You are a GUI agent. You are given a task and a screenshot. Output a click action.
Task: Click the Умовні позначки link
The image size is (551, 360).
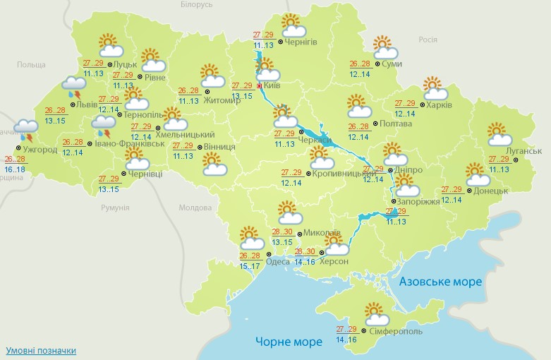pyautogui.click(x=41, y=351)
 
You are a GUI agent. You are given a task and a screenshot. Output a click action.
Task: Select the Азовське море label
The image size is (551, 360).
pyautogui.click(x=440, y=282)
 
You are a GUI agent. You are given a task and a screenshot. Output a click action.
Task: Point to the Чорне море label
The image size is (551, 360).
pyautogui.click(x=285, y=342)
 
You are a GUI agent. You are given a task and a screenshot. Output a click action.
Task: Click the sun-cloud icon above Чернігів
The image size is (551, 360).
pyautogui.click(x=292, y=26)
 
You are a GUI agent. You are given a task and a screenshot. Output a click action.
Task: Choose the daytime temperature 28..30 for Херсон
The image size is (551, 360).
pyautogui.click(x=306, y=252)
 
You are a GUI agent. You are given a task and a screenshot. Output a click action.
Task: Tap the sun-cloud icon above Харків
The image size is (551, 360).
pyautogui.click(x=435, y=89)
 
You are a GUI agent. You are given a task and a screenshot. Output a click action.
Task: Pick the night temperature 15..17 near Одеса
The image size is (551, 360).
pyautogui.click(x=250, y=265)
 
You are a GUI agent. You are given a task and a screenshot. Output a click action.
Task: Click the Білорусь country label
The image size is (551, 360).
pyautogui.click(x=196, y=5)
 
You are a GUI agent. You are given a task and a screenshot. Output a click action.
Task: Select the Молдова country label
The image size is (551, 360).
pyautogui.click(x=195, y=208)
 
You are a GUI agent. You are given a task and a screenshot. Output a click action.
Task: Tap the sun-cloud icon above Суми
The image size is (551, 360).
pyautogui.click(x=385, y=48)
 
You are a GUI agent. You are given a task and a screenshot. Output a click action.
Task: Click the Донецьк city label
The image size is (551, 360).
pyautogui.click(x=491, y=191)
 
